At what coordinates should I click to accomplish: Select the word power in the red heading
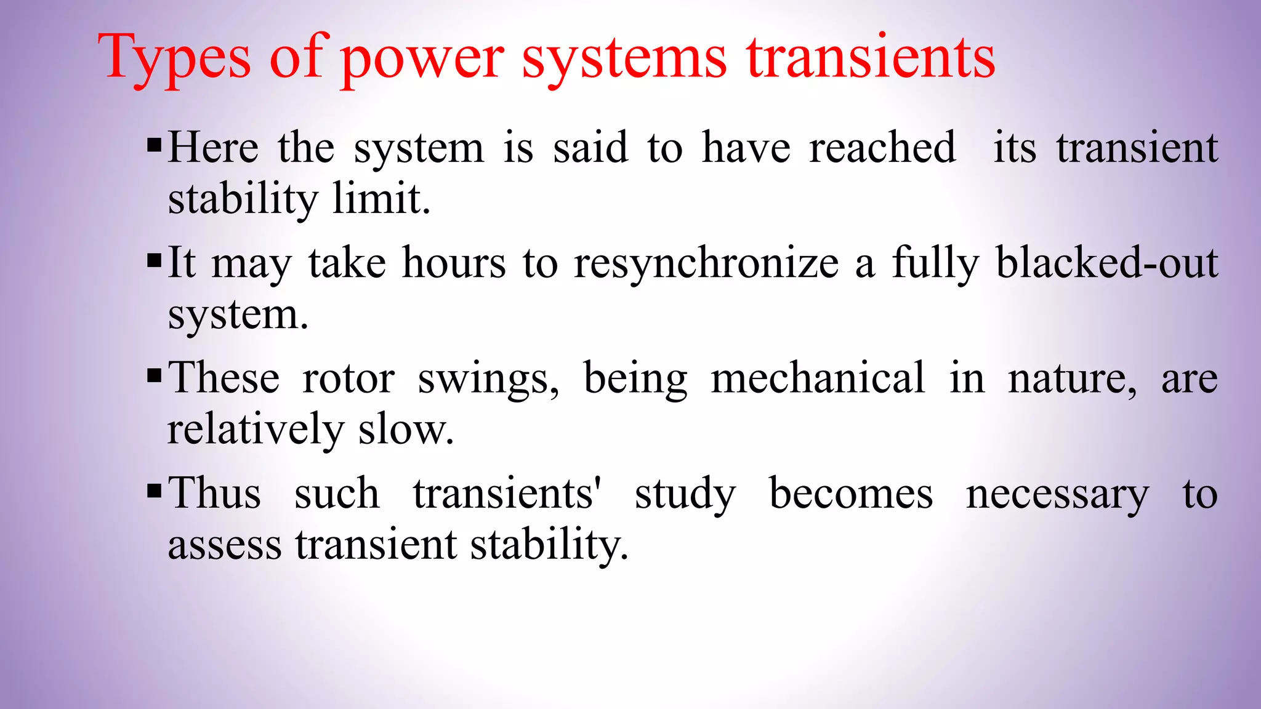(x=422, y=58)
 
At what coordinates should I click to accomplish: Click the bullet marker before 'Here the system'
(x=155, y=146)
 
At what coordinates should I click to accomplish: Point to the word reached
(x=882, y=148)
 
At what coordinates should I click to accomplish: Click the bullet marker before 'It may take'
(x=155, y=260)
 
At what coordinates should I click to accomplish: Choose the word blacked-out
(x=1106, y=263)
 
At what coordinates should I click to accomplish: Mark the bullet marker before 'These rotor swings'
(x=155, y=375)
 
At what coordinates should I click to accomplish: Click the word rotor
(x=348, y=379)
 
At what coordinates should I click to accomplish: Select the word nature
(x=1072, y=379)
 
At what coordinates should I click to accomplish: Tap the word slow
(x=406, y=429)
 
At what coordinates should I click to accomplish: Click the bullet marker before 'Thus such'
(x=155, y=491)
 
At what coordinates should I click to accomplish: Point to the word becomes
(x=851, y=494)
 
